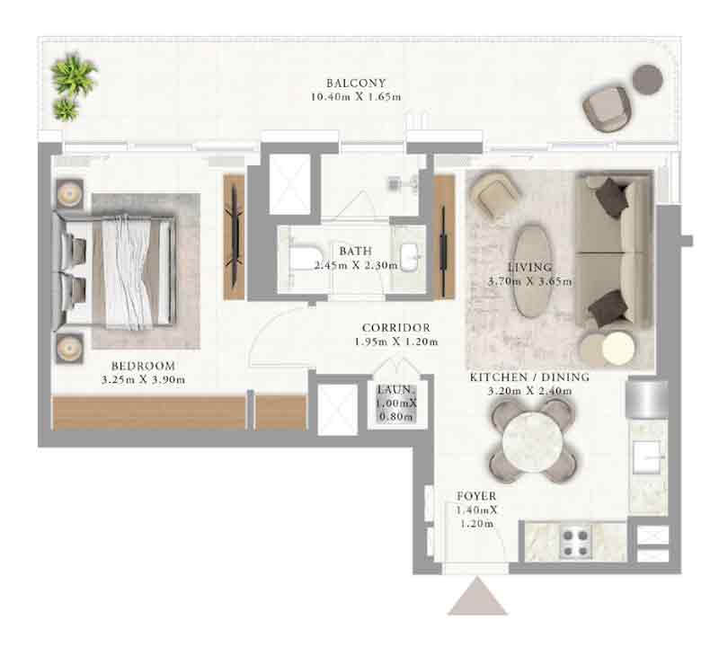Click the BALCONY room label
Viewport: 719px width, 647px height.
pos(356,83)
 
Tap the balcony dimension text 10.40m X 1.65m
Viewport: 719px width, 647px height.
pos(356,97)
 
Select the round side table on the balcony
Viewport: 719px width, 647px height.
pos(647,79)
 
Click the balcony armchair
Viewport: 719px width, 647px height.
pos(606,109)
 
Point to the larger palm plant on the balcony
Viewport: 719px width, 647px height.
pos(74,74)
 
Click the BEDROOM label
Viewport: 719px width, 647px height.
pos(143,366)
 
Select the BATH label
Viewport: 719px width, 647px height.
pos(355,251)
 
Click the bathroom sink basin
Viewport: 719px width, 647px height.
pos(410,257)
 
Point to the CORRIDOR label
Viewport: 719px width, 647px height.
pos(396,328)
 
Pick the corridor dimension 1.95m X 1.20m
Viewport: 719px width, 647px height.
pos(396,341)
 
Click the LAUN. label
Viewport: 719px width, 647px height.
pos(396,390)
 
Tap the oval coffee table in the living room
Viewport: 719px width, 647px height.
pos(532,271)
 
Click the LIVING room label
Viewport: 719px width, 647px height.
pos(530,267)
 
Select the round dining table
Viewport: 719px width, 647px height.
pos(532,441)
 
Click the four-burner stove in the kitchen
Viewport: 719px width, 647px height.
pos(576,542)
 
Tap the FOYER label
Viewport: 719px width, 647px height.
pos(476,496)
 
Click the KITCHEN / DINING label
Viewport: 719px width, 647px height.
pos(529,377)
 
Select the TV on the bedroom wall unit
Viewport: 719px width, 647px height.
pos(235,237)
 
